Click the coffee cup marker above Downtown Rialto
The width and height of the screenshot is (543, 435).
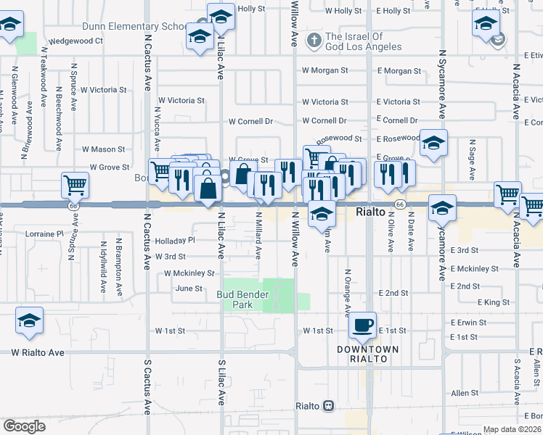click(x=364, y=326)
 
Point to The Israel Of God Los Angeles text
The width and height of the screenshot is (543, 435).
click(x=364, y=42)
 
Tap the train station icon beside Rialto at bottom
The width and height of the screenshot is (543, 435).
click(x=328, y=405)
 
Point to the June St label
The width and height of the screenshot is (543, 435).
click(x=189, y=288)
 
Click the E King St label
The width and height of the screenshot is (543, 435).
click(x=494, y=302)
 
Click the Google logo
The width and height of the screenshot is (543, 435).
click(x=24, y=426)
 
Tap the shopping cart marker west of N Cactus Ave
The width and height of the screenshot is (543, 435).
click(x=74, y=186)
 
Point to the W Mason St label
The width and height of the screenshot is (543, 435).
click(x=103, y=149)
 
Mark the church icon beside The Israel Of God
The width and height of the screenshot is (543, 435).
click(x=314, y=38)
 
